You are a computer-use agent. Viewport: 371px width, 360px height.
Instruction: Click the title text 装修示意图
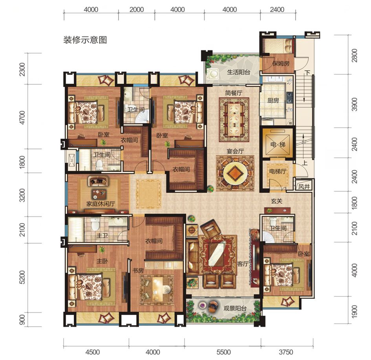tap(85, 40)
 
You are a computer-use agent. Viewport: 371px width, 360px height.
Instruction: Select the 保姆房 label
tap(281, 63)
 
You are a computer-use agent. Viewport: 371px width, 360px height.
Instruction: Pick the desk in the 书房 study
tap(159, 289)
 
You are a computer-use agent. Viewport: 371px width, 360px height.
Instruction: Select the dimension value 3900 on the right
tap(355, 105)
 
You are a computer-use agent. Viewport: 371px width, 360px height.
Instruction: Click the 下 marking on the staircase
tap(307, 73)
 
